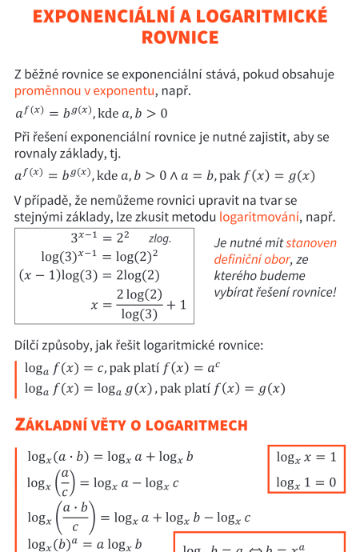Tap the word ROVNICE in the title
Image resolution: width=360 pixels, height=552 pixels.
pyautogui.click(x=179, y=38)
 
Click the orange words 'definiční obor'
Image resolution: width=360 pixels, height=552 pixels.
pyautogui.click(x=243, y=259)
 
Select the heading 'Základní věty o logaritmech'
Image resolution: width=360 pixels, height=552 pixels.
pyautogui.click(x=131, y=425)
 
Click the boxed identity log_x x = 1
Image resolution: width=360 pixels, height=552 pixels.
pyautogui.click(x=306, y=458)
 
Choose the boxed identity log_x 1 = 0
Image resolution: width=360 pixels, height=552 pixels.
pyautogui.click(x=306, y=482)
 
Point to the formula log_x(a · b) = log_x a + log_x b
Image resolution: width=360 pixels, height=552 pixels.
pyautogui.click(x=110, y=458)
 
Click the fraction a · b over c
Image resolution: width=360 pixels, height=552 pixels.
pyautogui.click(x=77, y=517)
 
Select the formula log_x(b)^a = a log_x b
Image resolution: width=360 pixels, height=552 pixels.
pyautogui.click(x=84, y=545)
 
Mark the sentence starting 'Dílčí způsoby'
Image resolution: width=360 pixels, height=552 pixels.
pyautogui.click(x=138, y=346)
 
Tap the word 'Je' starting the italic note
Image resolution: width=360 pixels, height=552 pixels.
pyautogui.click(x=222, y=243)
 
